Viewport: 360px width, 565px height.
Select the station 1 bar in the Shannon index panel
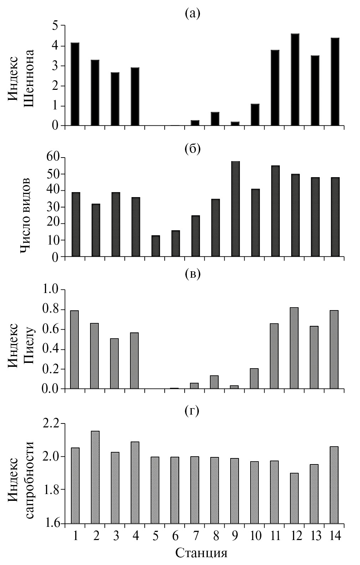(75, 84)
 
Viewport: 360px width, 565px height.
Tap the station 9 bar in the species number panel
(236, 209)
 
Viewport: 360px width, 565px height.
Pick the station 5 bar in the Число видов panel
(156, 246)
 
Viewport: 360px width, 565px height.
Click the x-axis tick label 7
(195, 535)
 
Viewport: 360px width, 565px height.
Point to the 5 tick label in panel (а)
(56, 26)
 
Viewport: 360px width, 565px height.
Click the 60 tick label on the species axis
(52, 158)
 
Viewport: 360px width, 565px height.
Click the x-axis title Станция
(201, 553)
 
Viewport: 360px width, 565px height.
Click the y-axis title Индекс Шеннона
(21, 76)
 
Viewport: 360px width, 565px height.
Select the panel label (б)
(193, 148)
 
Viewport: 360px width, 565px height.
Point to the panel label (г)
(192, 411)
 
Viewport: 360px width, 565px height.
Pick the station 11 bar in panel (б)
(276, 211)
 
